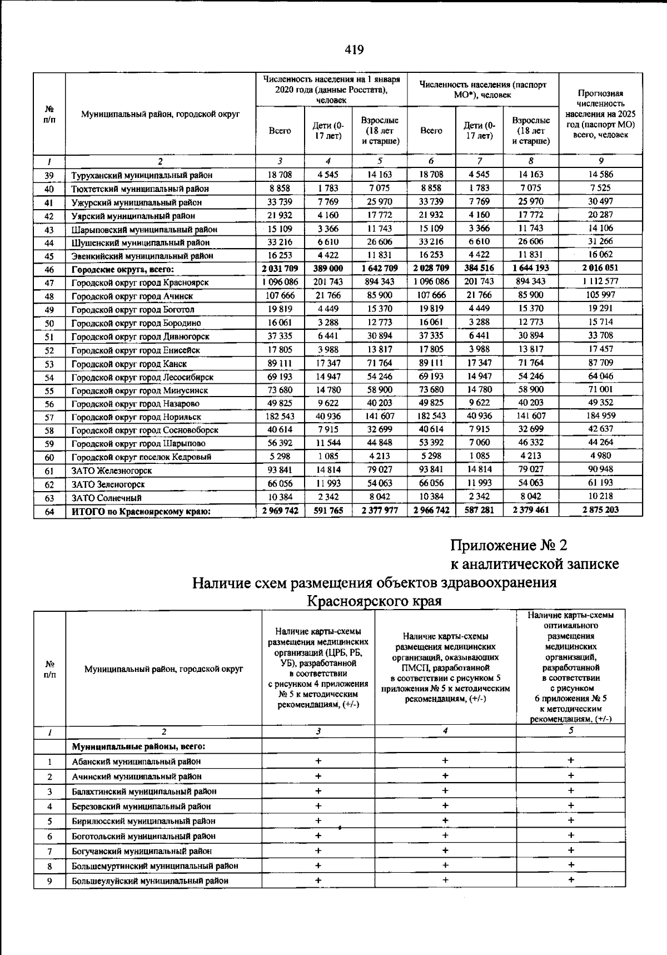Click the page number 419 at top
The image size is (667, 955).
pyautogui.click(x=354, y=50)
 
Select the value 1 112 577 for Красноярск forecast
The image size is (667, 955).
pyautogui.click(x=600, y=281)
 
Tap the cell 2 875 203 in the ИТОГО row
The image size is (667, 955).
pyautogui.click(x=600, y=510)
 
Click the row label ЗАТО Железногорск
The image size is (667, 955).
pyautogui.click(x=112, y=471)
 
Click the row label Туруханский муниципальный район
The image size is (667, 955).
pyautogui.click(x=142, y=175)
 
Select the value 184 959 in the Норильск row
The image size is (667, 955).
pyautogui.click(x=600, y=415)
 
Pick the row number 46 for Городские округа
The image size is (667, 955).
pyautogui.click(x=49, y=269)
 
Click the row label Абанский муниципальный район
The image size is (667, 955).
pyautogui.click(x=136, y=762)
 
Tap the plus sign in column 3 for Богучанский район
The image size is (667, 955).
pyautogui.click(x=318, y=850)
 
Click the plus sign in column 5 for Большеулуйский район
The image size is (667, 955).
pyautogui.click(x=571, y=880)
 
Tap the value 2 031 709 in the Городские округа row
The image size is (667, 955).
pyautogui.click(x=280, y=268)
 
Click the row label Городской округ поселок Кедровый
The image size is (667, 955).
pyautogui.click(x=141, y=457)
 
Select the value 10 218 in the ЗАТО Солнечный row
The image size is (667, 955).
pyautogui.click(x=600, y=496)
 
